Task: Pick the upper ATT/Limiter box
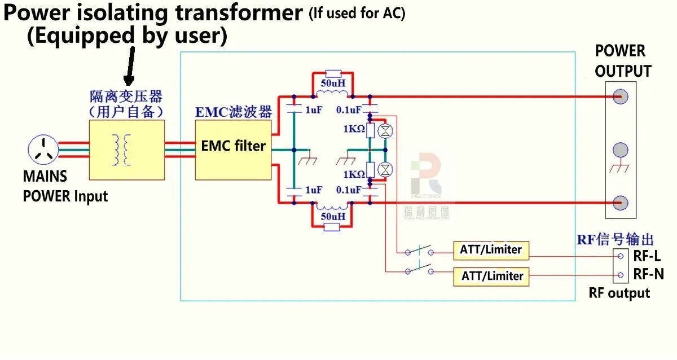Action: click(x=491, y=249)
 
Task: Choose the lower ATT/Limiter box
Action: click(x=491, y=276)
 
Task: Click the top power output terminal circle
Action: click(x=621, y=96)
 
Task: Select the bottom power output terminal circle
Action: click(x=621, y=202)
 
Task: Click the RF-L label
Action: click(x=647, y=256)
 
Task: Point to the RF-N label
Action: click(x=648, y=275)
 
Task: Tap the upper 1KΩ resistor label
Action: click(x=354, y=129)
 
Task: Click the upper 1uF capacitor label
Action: click(x=314, y=111)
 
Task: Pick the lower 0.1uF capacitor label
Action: click(x=349, y=190)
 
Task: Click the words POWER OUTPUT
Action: click(x=622, y=61)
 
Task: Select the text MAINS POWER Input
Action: click(x=64, y=186)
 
